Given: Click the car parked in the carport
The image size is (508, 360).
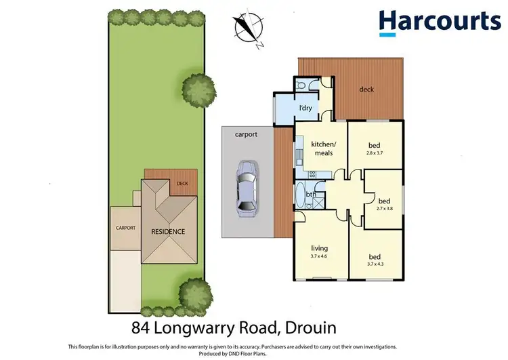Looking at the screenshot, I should [245, 188].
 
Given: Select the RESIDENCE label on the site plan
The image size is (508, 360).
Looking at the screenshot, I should [167, 231].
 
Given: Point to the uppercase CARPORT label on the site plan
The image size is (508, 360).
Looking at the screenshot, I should [125, 228].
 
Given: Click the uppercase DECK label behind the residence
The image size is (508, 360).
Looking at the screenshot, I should [182, 183].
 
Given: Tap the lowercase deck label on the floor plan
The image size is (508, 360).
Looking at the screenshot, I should [366, 89].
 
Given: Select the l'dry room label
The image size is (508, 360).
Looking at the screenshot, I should [305, 108].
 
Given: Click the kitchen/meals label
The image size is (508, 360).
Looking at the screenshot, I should [323, 148].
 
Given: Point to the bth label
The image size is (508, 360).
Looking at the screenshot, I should [311, 195].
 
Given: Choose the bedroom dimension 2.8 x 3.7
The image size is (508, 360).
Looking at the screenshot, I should [375, 153].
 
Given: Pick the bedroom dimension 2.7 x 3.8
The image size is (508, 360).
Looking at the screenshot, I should [384, 208].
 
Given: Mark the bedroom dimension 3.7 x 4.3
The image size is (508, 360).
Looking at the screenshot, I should [375, 264].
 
